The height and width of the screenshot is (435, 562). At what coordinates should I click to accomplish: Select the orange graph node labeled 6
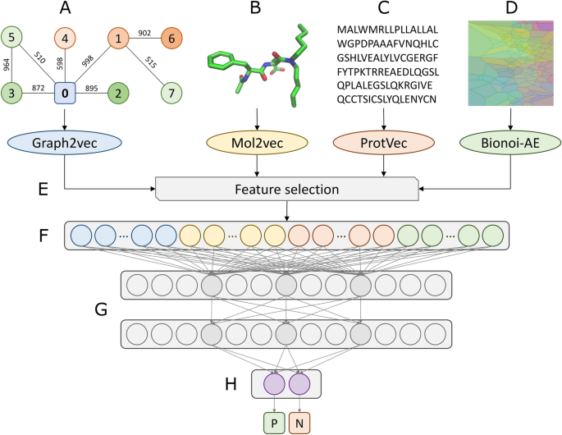coord(172,39)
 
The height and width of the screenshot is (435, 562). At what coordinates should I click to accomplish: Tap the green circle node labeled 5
coord(12,39)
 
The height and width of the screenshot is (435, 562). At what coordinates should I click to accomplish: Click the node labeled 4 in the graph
coord(66,39)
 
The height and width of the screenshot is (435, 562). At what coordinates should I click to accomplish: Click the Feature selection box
coord(286,190)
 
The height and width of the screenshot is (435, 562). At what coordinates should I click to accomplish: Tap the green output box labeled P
coord(272,422)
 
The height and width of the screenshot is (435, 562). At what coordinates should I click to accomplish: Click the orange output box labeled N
coord(299,422)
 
